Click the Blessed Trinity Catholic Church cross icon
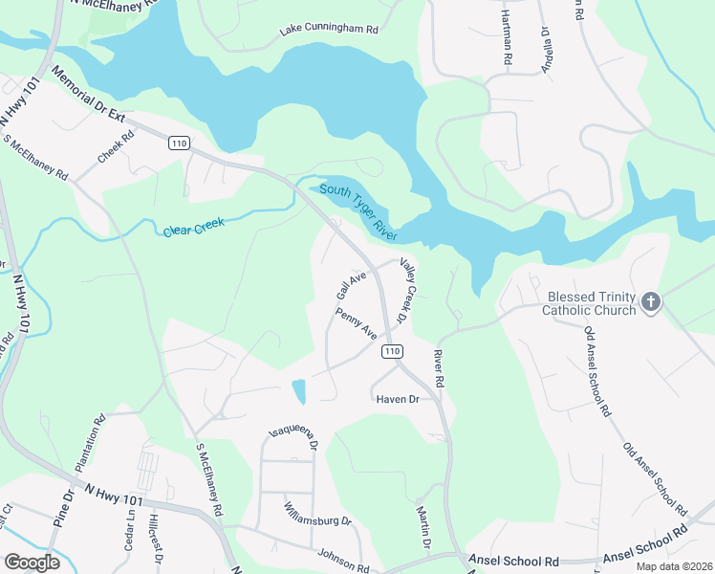point(650,302)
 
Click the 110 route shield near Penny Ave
point(391,352)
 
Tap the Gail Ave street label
point(351,284)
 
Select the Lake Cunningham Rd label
point(328,31)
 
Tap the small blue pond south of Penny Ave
point(299,390)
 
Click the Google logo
point(32,562)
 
